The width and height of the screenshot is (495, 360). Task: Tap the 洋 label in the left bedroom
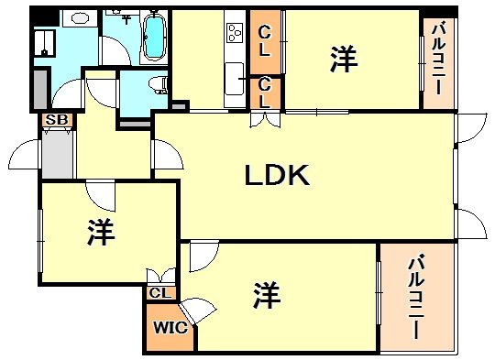(101, 234)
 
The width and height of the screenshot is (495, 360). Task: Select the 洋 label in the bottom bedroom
(267, 294)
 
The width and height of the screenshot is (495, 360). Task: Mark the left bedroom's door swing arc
(98, 193)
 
